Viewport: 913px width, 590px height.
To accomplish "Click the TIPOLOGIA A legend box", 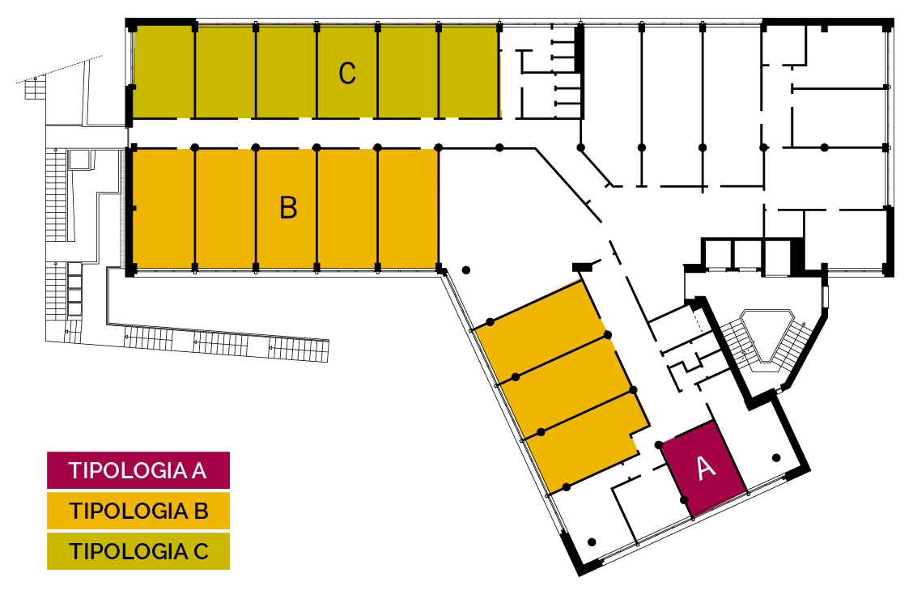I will point(138,470).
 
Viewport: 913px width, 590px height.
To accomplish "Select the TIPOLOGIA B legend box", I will point(138,511).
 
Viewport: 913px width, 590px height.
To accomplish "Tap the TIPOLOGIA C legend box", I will point(138,551).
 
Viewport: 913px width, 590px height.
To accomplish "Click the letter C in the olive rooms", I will point(347,74).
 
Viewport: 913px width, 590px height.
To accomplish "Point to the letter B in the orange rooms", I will point(288,208).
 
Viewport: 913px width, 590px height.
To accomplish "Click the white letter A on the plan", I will point(706,467).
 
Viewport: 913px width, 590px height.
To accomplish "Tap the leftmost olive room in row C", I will point(163,72).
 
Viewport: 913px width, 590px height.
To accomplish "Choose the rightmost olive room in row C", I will point(469,72).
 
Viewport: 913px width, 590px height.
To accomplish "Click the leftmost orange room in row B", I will point(163,208).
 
